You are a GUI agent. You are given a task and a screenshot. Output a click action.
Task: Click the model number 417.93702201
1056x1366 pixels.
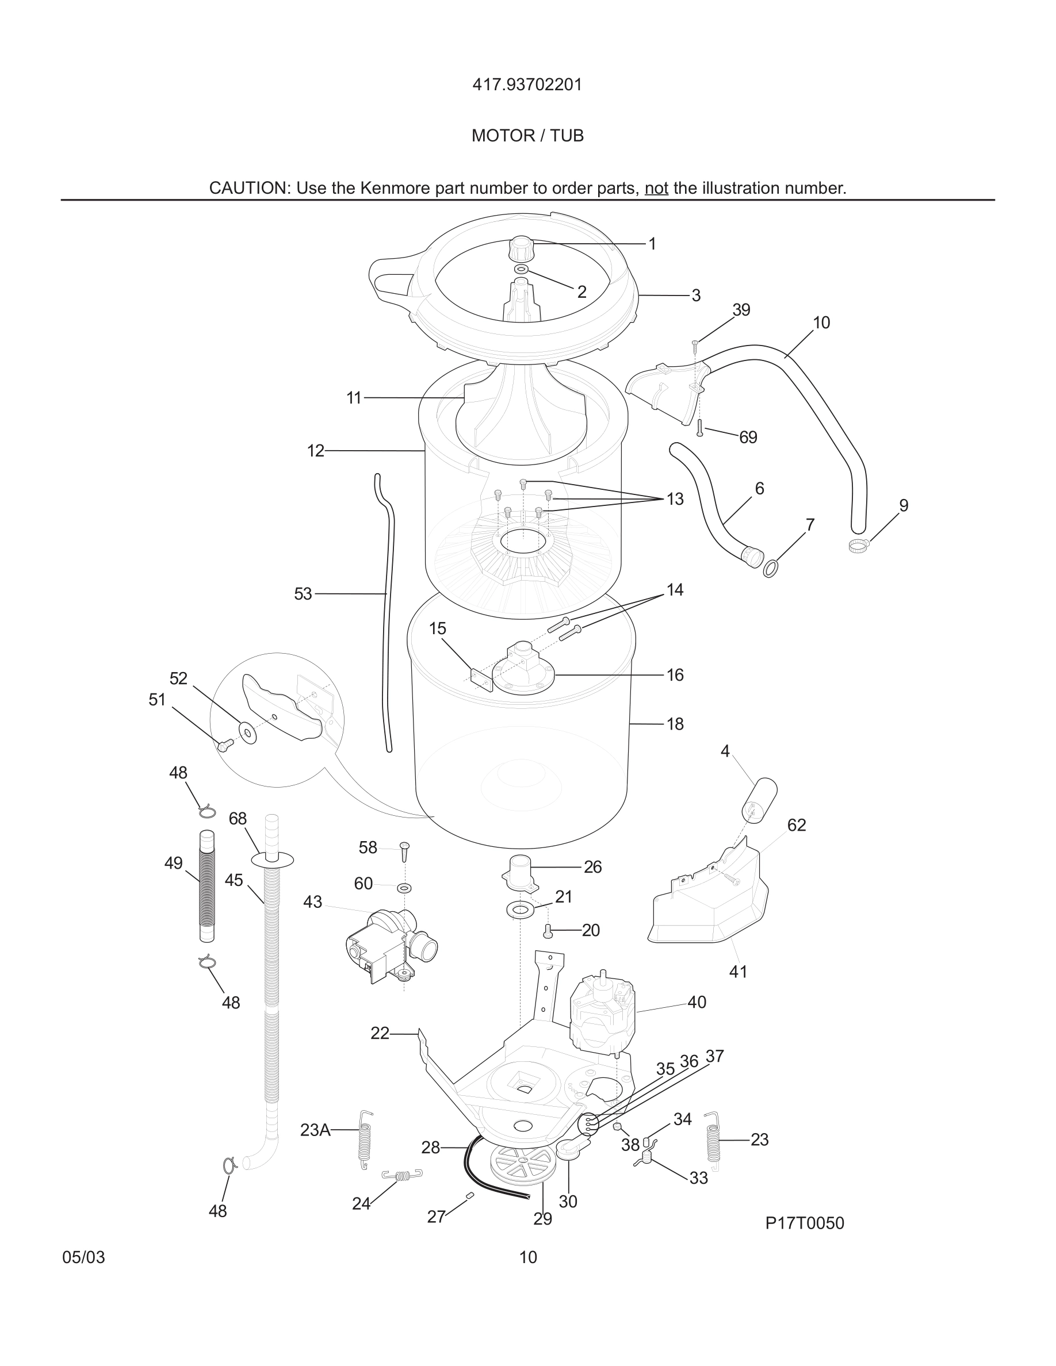(527, 85)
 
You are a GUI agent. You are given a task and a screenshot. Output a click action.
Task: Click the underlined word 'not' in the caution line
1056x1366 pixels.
(656, 188)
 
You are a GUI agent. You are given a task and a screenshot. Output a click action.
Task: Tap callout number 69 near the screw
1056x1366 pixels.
(748, 438)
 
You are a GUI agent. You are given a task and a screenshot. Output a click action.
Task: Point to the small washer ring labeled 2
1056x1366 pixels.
(521, 269)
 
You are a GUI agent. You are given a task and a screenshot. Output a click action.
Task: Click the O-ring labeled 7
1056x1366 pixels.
(771, 568)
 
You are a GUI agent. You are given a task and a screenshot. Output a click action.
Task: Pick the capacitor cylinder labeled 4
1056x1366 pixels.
(759, 799)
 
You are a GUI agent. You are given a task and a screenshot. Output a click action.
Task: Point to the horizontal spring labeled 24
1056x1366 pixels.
(401, 1175)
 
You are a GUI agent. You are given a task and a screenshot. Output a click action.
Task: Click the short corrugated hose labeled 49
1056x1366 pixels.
(207, 887)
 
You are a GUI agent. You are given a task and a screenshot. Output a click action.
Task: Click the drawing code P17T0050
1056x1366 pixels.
(805, 1223)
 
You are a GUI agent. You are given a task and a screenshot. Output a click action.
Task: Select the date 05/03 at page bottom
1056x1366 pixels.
(83, 1257)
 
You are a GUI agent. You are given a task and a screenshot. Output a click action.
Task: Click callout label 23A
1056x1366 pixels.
(315, 1130)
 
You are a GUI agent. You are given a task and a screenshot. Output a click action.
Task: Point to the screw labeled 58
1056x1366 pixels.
(404, 851)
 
